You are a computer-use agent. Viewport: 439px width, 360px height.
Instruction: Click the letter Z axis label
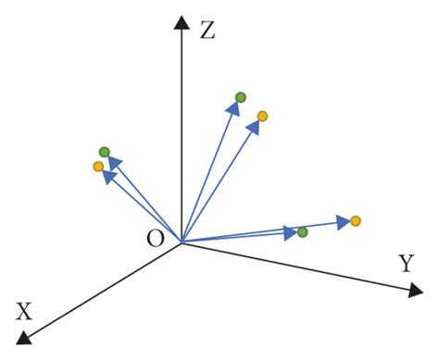tap(207, 30)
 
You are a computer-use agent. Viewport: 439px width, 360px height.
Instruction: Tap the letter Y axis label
tap(405, 263)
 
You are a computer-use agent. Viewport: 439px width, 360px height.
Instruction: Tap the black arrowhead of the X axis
tap(25, 338)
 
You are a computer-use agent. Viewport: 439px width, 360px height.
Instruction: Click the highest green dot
tap(241, 97)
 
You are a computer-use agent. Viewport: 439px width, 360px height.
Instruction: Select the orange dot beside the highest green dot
tap(262, 116)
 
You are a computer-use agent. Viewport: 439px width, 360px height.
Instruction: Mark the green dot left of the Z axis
tap(104, 152)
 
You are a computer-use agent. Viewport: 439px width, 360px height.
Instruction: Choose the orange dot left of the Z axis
tap(98, 167)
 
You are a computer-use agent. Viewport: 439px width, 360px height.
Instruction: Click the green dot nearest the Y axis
tap(302, 231)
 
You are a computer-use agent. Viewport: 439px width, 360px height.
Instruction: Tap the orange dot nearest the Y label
tap(355, 220)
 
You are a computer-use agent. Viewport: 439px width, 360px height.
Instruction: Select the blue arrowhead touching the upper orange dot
tap(254, 126)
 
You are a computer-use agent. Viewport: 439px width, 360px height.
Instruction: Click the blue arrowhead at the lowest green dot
tap(290, 232)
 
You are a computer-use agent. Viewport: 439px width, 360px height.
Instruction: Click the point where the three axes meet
tap(182, 242)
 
